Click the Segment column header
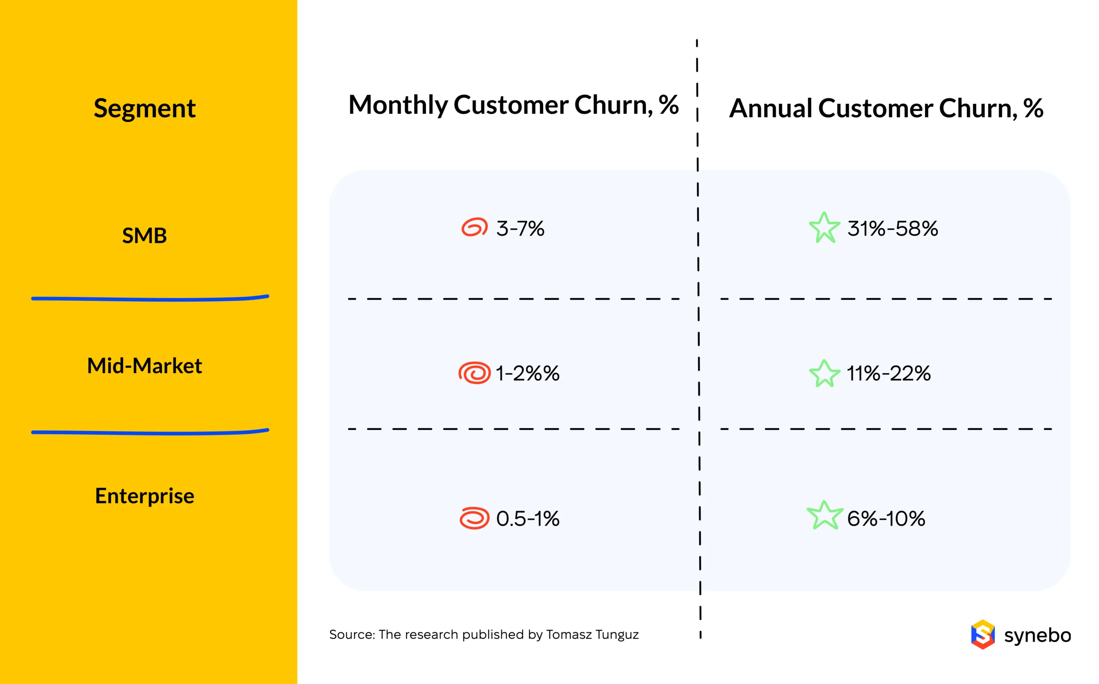[x=144, y=109]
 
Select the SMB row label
[x=144, y=236]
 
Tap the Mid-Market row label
[x=144, y=365]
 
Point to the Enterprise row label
[x=144, y=496]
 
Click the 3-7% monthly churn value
[x=520, y=228]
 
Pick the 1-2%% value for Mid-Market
[x=527, y=374]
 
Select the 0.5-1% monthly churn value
[x=527, y=518]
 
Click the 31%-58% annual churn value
[x=893, y=228]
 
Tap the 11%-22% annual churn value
[x=888, y=374]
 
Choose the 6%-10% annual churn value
[x=886, y=518]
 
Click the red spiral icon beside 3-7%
[x=474, y=227]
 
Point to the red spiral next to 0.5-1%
[x=474, y=518]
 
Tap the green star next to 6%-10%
[x=825, y=516]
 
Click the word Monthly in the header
[x=398, y=105]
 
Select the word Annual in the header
[x=771, y=109]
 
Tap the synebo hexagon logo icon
[x=982, y=634]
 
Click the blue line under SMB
[x=149, y=298]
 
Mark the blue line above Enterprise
[x=149, y=432]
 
